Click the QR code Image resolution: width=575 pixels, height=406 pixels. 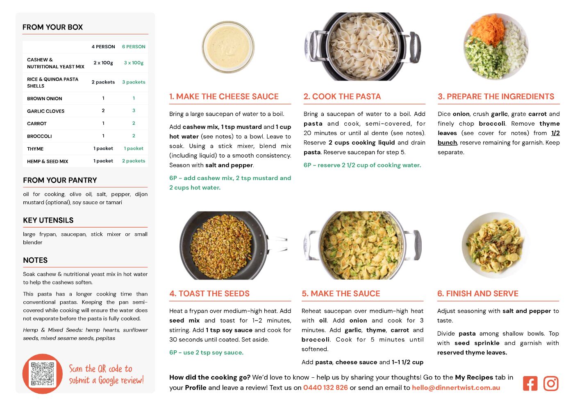(43, 374)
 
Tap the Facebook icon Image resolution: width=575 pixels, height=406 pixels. (530, 383)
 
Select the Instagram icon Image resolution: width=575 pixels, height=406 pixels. (551, 383)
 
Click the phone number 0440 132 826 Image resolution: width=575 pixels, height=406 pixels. (325, 388)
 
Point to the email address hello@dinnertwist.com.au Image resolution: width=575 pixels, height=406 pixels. (456, 388)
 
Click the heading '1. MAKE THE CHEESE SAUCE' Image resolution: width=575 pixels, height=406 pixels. (224, 97)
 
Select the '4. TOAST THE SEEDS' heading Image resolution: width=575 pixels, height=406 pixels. (209, 293)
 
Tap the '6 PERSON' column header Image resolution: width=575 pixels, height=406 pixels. (134, 47)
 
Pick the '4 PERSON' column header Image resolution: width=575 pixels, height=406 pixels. (103, 47)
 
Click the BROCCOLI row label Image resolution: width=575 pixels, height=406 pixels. (39, 136)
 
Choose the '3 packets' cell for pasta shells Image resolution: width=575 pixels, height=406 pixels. (134, 82)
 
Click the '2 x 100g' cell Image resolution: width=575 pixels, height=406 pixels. (103, 63)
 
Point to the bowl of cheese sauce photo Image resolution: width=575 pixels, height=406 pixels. (228, 47)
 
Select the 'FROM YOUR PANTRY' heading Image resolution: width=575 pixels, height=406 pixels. (60, 180)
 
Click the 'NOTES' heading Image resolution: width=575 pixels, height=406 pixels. (35, 260)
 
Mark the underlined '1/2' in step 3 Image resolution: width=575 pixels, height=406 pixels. (555, 133)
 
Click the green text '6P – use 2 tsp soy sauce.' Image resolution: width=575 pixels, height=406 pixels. (206, 352)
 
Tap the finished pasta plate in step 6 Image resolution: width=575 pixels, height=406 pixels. (495, 246)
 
